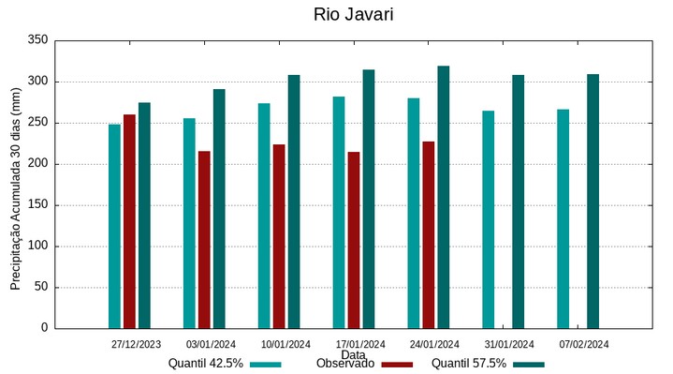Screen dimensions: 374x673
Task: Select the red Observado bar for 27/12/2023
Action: click(129, 221)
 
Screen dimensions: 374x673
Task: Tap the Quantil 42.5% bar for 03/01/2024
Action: click(189, 223)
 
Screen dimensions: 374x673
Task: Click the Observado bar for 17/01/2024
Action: click(354, 240)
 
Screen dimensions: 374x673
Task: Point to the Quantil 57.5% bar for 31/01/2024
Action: click(519, 202)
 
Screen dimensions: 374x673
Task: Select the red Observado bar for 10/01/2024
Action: click(279, 236)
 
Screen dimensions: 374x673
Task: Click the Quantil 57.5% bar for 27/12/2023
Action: click(144, 216)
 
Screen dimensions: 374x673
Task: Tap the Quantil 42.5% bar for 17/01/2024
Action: click(339, 212)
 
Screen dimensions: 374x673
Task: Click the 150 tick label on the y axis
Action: click(37, 205)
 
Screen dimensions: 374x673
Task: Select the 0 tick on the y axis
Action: click(43, 328)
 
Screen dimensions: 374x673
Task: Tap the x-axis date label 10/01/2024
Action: click(285, 344)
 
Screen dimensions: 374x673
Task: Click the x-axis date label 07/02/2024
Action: click(584, 344)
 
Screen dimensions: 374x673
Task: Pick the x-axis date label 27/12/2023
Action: click(136, 344)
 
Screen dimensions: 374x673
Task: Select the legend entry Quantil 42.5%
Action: click(206, 364)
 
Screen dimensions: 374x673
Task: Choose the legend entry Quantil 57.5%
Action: click(469, 364)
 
